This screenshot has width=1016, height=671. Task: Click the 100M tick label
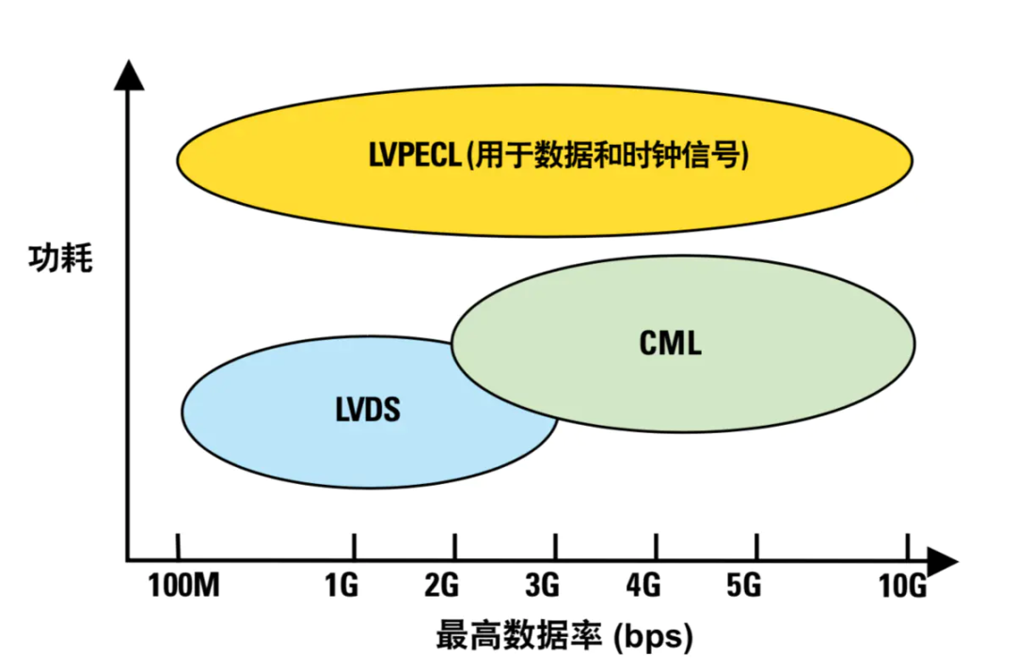[183, 586]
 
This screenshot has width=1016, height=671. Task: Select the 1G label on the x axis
[341, 586]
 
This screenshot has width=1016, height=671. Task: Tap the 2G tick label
[441, 586]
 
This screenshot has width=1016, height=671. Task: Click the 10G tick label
[904, 586]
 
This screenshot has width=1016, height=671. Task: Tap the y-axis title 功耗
[60, 258]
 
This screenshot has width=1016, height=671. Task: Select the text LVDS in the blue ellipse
[368, 411]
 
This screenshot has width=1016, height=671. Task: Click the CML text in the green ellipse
[670, 343]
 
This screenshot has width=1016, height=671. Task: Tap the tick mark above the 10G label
[908, 546]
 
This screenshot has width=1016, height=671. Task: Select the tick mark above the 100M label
[178, 546]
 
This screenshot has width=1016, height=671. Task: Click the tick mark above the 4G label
[657, 546]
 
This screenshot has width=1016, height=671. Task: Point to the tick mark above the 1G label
[354, 546]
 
